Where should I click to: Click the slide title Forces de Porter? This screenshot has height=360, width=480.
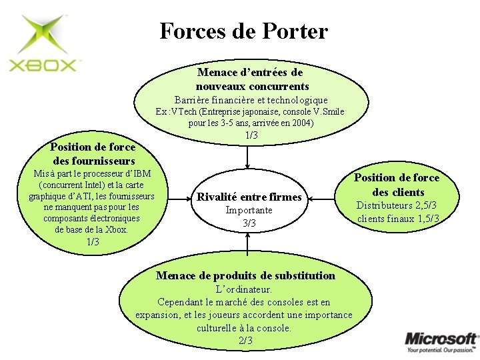coord(243,31)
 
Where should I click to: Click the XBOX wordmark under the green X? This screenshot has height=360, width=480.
coord(44,65)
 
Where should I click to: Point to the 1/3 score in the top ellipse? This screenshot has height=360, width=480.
coord(251,135)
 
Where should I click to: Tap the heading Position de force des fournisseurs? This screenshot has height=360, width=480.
coord(93,154)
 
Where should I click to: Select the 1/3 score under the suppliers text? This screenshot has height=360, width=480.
coord(93,241)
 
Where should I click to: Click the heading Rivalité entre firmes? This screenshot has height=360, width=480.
coord(249,197)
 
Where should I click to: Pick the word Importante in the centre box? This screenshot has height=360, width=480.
coord(249,210)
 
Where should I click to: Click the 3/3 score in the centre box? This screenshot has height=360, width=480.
coord(249,223)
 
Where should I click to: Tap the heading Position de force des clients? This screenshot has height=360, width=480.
coord(397,185)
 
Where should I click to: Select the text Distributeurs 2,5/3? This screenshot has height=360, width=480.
coord(397,205)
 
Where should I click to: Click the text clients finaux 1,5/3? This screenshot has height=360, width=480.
coord(398,218)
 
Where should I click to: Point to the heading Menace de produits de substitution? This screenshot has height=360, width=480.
coord(245,275)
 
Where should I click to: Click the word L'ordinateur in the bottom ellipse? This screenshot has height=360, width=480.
coord(245,289)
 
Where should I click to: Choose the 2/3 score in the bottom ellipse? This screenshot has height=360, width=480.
coord(245,340)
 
